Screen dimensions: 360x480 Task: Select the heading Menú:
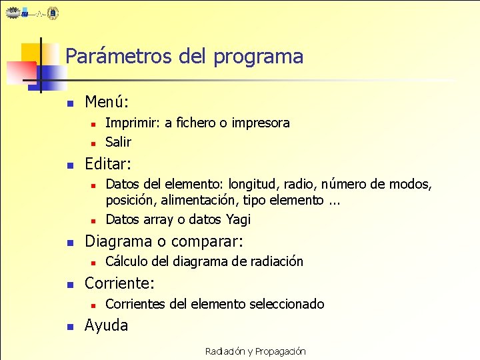point(107,103)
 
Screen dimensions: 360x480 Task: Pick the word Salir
point(119,142)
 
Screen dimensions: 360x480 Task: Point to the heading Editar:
point(108,163)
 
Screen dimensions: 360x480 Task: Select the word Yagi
point(238,219)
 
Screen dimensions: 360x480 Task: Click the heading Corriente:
point(119,283)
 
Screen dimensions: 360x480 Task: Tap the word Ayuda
point(106,325)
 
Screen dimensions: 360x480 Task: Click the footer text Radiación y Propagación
point(255,351)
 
